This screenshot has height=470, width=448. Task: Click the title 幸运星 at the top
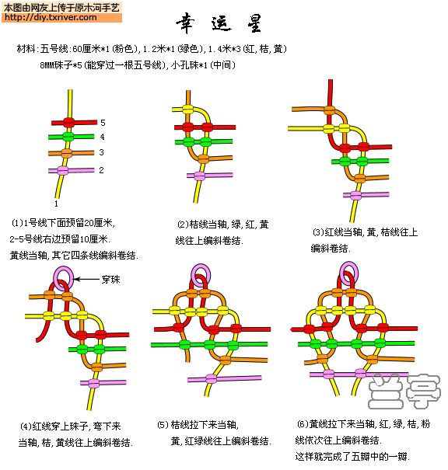pyautogui.click(x=219, y=23)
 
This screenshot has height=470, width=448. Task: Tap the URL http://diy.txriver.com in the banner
pyautogui.click(x=51, y=17)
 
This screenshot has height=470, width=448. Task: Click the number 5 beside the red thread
pyautogui.click(x=103, y=123)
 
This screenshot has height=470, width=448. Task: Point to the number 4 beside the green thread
pyautogui.click(x=103, y=137)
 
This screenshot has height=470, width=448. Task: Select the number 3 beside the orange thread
pyautogui.click(x=101, y=152)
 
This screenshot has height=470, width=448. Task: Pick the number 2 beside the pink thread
pyautogui.click(x=101, y=170)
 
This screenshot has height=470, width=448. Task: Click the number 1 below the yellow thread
pyautogui.click(x=56, y=204)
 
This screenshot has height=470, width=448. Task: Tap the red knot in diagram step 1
pyautogui.click(x=68, y=122)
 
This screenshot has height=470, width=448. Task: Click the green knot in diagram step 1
pyautogui.click(x=68, y=137)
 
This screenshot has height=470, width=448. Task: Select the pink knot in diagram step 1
pyautogui.click(x=63, y=171)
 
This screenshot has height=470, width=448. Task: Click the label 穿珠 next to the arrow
pyautogui.click(x=110, y=280)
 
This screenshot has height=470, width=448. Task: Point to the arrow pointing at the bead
pyautogui.click(x=86, y=280)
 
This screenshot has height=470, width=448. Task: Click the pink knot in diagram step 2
pyautogui.click(x=199, y=176)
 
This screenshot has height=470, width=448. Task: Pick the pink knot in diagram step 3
pyautogui.click(x=355, y=196)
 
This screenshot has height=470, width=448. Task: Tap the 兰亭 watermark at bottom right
pyautogui.click(x=404, y=392)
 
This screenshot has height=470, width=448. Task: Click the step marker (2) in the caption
pyautogui.click(x=183, y=225)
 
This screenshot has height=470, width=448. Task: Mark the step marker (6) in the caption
pyautogui.click(x=303, y=424)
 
